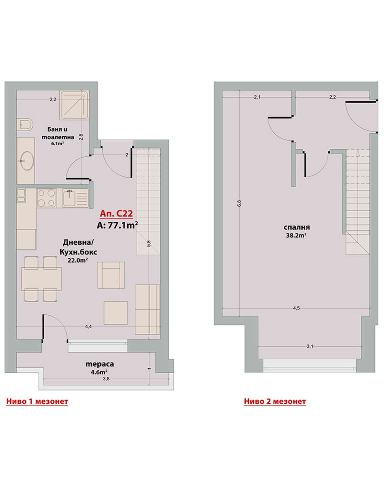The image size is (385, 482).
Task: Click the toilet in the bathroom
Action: (25, 125)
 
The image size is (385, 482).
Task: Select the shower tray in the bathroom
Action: (74, 105)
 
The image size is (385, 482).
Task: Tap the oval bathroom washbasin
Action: (27, 161)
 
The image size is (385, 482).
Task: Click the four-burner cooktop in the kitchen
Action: (46, 198)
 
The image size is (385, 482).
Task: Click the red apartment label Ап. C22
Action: (116, 213)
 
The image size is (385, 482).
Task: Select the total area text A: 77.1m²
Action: (117, 225)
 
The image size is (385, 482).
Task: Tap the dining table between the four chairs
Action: (41, 279)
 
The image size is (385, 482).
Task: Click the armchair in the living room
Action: (111, 275)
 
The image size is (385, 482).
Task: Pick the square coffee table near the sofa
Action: (115, 313)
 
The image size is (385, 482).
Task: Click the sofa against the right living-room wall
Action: (147, 310)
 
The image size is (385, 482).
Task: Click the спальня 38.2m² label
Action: (296, 231)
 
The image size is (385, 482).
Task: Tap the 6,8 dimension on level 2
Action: (239, 203)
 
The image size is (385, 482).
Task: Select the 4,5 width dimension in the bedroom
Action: (296, 308)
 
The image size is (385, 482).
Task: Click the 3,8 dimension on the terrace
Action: (106, 379)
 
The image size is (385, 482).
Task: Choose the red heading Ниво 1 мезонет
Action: (37, 402)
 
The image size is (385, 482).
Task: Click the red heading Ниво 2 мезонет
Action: (275, 402)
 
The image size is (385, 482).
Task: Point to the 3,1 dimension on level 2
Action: (310, 346)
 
